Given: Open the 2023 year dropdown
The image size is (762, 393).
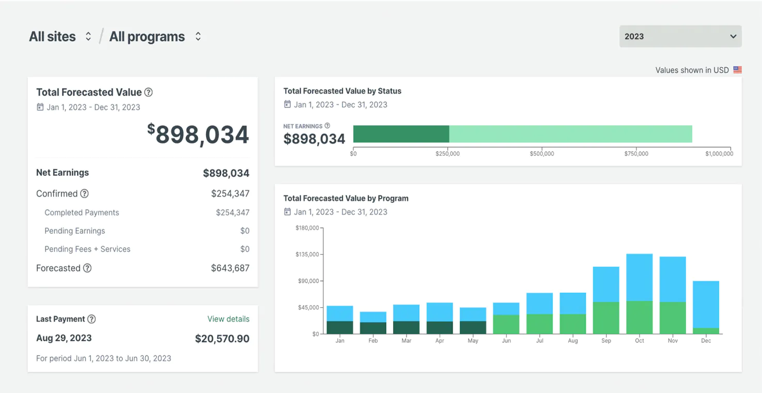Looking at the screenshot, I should [x=680, y=36].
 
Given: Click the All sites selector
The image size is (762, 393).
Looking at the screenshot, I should [x=60, y=37].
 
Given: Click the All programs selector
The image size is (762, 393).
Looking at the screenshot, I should [x=154, y=37].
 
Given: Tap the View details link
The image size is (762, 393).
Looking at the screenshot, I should [x=228, y=319].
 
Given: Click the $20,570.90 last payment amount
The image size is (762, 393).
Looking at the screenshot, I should [x=222, y=339].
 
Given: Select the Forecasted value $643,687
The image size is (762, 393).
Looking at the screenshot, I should [x=230, y=268].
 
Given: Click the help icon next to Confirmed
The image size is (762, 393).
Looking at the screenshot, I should [x=84, y=193].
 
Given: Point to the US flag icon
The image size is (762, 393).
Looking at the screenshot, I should [x=737, y=70].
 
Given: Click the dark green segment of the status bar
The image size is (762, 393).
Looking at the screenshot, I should [x=401, y=134].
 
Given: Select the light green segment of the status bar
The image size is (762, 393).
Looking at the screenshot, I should [x=570, y=134].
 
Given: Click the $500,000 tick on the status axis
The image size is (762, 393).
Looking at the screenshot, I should [x=542, y=153].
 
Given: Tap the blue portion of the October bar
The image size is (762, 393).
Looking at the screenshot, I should [x=639, y=277].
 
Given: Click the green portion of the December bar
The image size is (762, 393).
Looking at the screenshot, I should [x=706, y=331].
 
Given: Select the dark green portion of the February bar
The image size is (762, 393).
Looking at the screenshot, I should [x=373, y=328].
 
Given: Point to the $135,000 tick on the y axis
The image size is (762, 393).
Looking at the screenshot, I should [x=308, y=254].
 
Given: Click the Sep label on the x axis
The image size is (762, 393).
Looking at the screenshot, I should [x=606, y=341].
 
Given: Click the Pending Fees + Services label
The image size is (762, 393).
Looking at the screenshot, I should [x=87, y=249].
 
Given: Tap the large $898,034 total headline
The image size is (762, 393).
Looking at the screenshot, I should [x=198, y=134].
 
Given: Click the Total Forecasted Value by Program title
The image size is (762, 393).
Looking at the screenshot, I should [x=346, y=198].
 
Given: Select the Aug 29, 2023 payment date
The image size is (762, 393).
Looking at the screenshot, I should [x=64, y=338].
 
